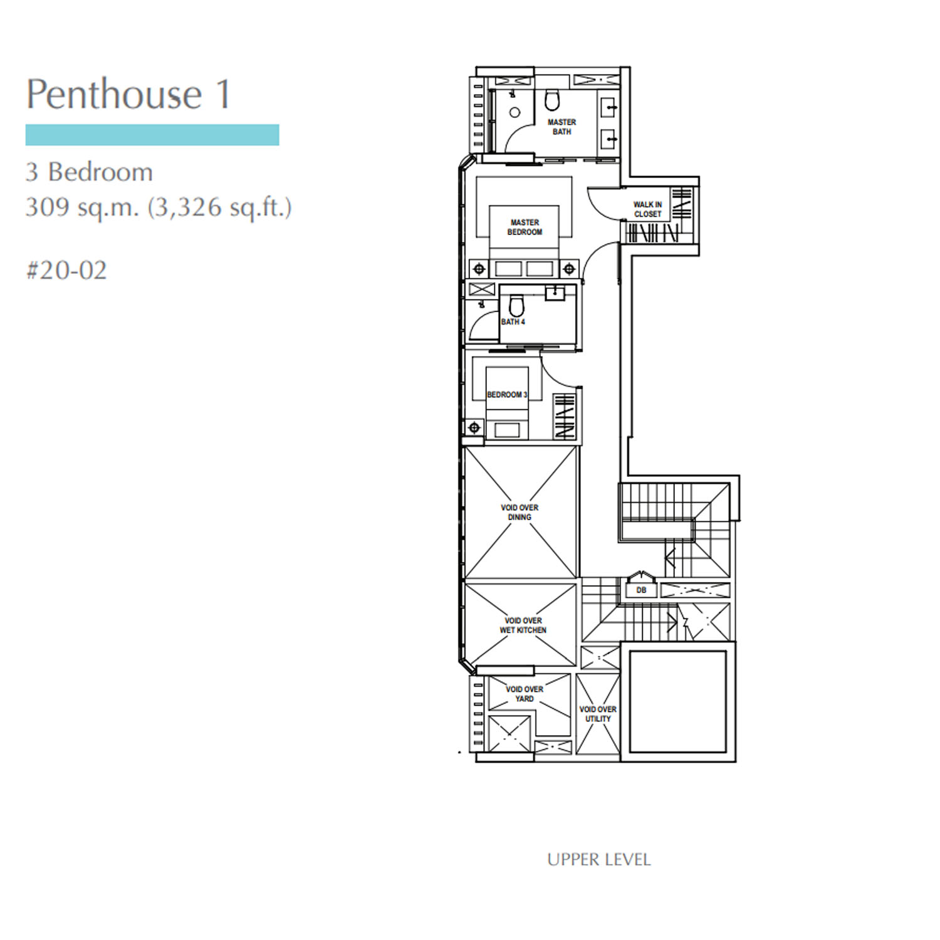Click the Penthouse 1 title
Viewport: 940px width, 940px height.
(128, 94)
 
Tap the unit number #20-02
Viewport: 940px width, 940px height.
(66, 270)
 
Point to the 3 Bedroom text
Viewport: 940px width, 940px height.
(89, 172)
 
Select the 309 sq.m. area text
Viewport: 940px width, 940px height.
(82, 206)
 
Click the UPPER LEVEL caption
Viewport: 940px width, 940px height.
(599, 859)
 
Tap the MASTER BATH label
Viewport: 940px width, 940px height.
(561, 127)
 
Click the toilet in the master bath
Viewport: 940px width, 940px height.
(551, 100)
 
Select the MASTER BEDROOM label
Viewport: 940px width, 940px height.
(525, 227)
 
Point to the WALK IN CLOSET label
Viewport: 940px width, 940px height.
(647, 209)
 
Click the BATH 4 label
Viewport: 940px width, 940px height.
(513, 321)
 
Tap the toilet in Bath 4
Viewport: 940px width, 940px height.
(516, 306)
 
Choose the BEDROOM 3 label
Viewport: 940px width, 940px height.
(507, 395)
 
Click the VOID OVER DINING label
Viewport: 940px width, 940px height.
(520, 512)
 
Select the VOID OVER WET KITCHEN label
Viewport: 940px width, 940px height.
(523, 625)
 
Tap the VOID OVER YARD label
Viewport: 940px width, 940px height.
(525, 694)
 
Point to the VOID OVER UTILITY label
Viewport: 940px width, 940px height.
(598, 714)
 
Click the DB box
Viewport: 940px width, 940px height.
(641, 590)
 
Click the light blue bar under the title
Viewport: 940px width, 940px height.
(152, 135)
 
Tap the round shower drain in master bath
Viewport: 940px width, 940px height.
(515, 113)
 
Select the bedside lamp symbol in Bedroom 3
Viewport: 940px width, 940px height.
(474, 428)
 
